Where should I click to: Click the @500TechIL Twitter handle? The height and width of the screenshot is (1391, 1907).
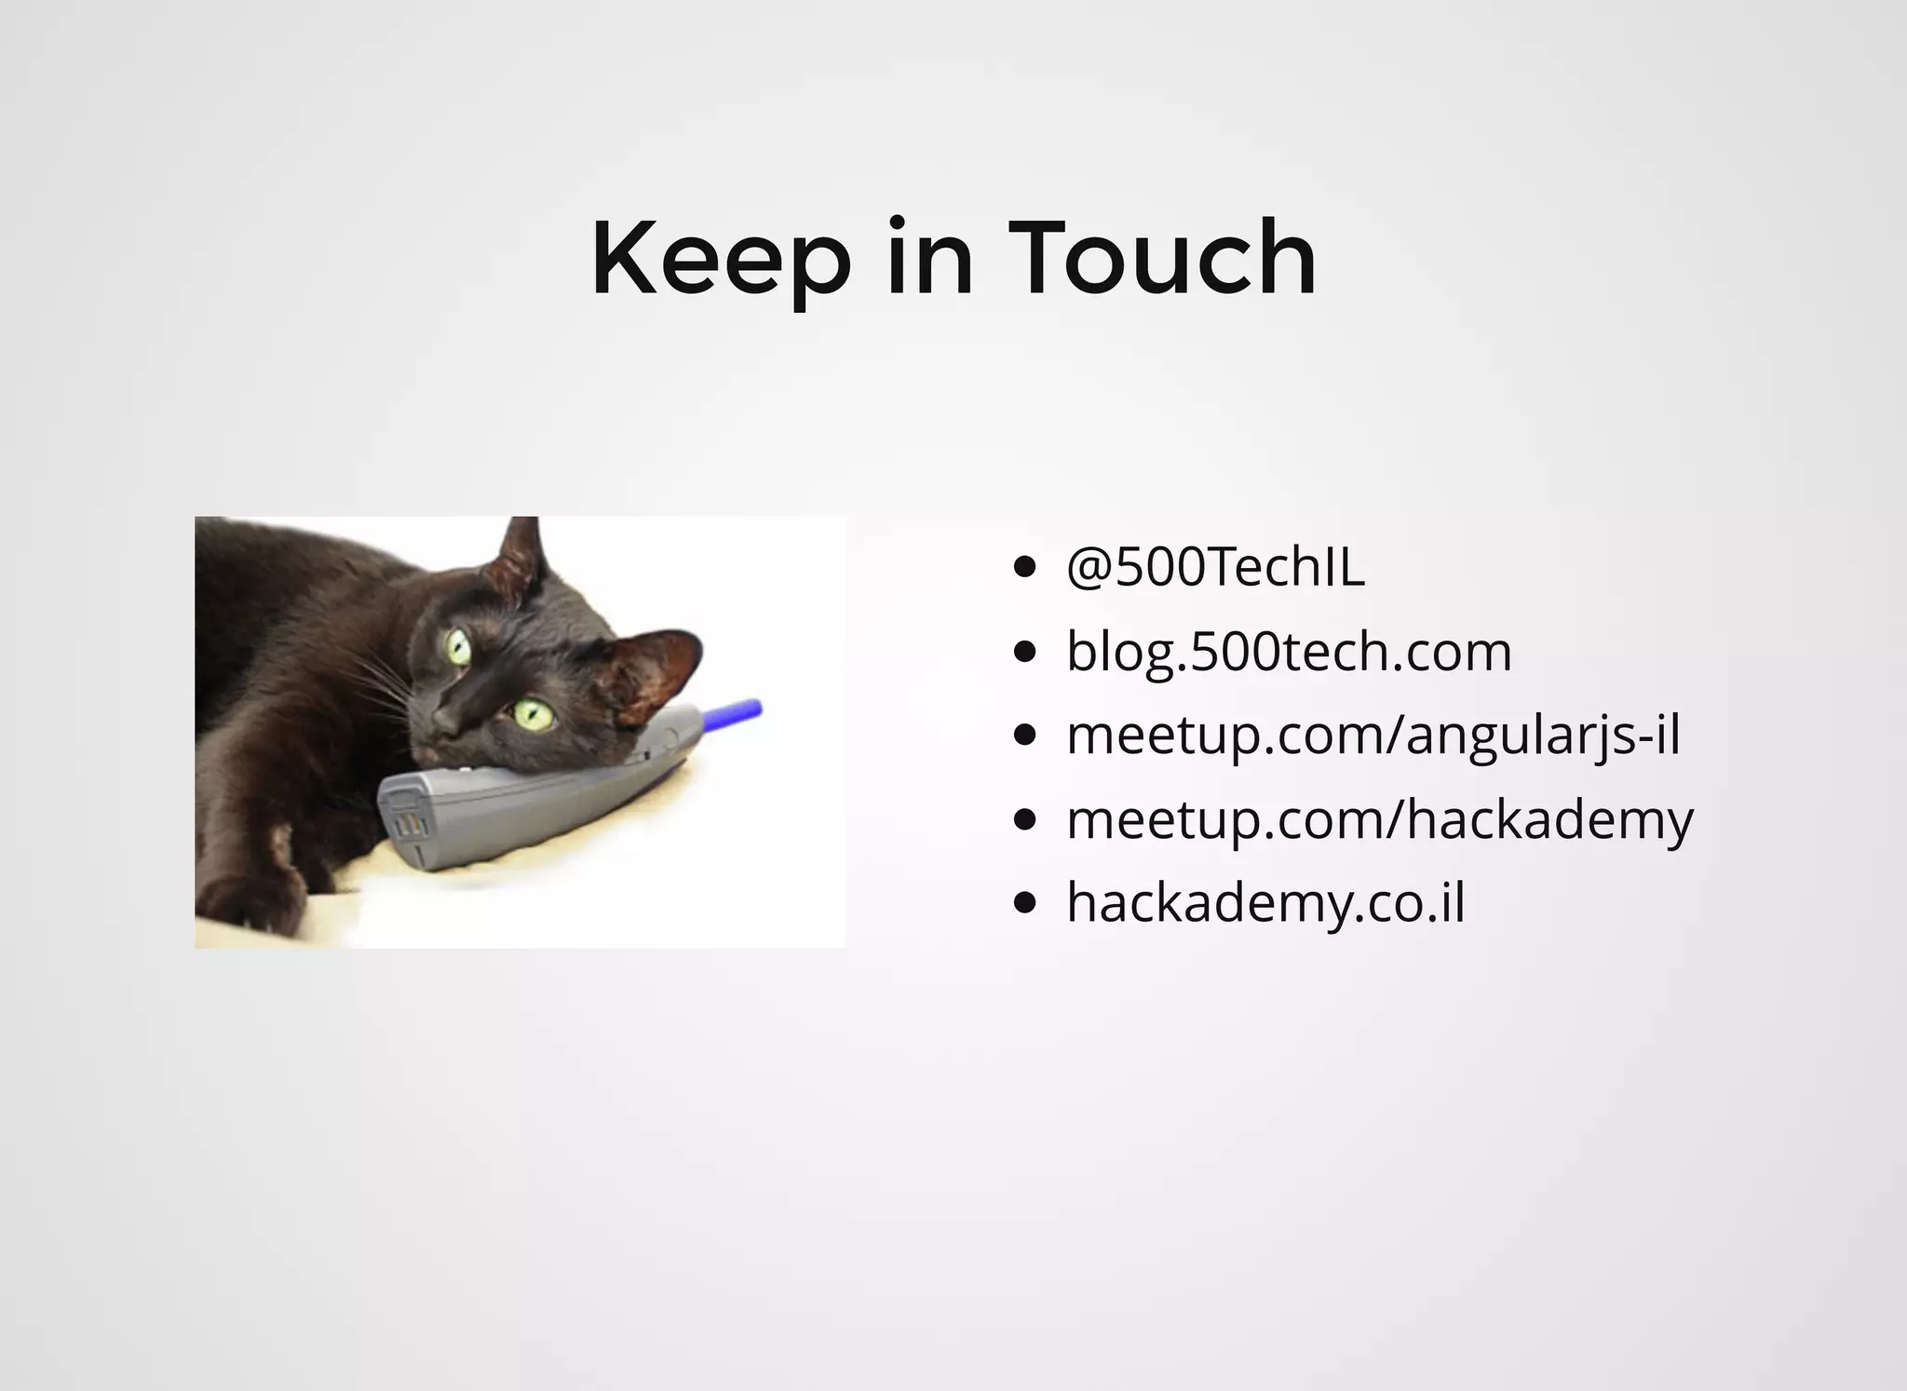(x=1215, y=567)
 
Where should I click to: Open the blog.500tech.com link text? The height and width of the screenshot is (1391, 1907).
(x=1289, y=651)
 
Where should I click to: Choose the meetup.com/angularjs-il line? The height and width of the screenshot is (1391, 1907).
(x=1373, y=735)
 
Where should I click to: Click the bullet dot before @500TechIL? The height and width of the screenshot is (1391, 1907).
(x=1024, y=568)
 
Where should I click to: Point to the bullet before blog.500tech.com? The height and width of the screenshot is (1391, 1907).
(x=1024, y=652)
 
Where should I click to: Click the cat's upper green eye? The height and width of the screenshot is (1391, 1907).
(x=458, y=646)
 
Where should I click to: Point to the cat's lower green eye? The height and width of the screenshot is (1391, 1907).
(x=534, y=713)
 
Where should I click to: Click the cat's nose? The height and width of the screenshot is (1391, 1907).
(x=445, y=722)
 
